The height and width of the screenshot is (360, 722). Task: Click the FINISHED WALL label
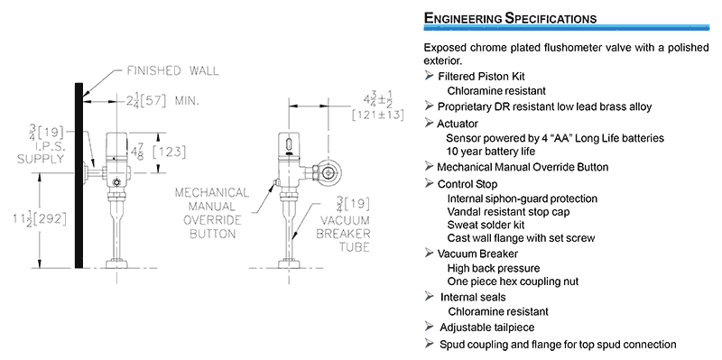[172, 70]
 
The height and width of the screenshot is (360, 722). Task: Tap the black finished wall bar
[79, 175]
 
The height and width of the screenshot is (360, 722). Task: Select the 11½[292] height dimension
[40, 217]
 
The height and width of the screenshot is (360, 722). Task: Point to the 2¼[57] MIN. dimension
[162, 100]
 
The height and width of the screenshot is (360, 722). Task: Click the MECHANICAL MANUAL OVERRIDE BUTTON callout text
[212, 213]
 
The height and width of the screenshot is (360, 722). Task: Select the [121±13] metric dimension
[377, 115]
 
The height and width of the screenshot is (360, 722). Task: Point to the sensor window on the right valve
[288, 141]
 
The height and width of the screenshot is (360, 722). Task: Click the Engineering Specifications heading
[510, 18]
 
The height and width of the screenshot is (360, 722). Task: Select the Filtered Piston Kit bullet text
[481, 76]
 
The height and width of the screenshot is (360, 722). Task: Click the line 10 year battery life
[491, 151]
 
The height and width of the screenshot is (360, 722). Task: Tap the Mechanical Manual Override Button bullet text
[523, 167]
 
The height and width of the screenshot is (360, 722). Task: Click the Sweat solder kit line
[486, 226]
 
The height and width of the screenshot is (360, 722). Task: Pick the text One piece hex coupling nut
[513, 282]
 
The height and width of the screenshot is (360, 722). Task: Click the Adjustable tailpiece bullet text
[487, 328]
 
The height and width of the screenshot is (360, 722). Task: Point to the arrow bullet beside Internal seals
[430, 297]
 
